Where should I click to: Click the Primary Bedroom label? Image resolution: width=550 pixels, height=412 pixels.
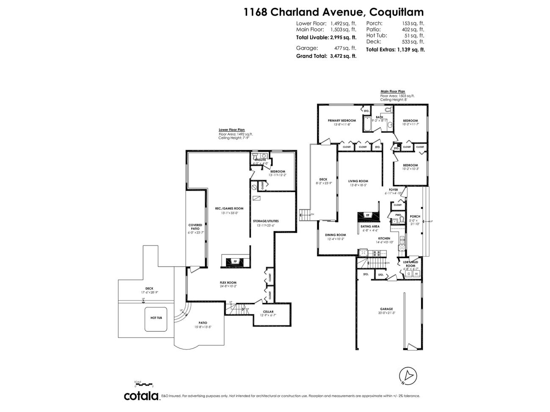[341, 120]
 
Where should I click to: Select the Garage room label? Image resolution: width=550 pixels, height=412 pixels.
[386, 309]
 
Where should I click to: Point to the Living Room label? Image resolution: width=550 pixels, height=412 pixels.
[358, 181]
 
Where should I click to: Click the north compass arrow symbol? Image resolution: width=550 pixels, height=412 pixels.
[408, 376]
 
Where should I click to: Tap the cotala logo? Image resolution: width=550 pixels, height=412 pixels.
[140, 396]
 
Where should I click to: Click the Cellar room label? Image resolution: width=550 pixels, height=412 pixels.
[268, 312]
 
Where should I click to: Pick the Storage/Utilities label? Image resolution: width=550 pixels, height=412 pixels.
[266, 221]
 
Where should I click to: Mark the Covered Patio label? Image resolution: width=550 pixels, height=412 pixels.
[195, 227]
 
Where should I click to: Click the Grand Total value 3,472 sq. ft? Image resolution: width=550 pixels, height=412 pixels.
[343, 56]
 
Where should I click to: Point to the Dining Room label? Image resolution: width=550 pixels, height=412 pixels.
[335, 235]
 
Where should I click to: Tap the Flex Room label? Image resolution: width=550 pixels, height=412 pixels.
[228, 283]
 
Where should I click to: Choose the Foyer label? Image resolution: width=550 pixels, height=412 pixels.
[393, 190]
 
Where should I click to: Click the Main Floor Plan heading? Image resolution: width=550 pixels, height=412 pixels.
[393, 91]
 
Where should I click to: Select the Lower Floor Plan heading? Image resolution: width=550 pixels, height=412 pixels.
[231, 130]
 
